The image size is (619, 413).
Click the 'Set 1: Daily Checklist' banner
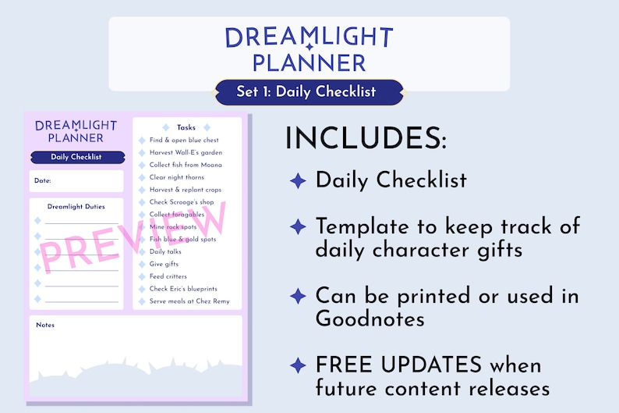click(309, 92)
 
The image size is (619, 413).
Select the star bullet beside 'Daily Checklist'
click(298, 180)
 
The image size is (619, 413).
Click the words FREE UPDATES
click(399, 365)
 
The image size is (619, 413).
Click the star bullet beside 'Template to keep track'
click(298, 227)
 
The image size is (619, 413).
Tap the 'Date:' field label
click(42, 181)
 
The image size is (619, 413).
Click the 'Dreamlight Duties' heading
click(76, 207)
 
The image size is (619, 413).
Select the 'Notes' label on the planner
click(45, 325)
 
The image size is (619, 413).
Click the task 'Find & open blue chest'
click(186, 141)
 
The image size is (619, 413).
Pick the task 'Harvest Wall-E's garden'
click(186, 153)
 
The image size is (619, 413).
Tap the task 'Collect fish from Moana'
click(186, 166)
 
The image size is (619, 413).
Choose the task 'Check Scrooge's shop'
click(182, 202)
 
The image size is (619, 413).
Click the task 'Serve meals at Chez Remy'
click(189, 301)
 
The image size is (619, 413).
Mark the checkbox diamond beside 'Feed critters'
click(140, 276)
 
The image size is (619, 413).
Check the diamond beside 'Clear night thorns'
click(140, 178)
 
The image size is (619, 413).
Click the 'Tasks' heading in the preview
click(186, 127)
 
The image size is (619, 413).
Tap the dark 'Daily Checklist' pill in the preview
click(76, 157)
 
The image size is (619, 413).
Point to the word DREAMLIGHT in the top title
click(309, 37)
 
